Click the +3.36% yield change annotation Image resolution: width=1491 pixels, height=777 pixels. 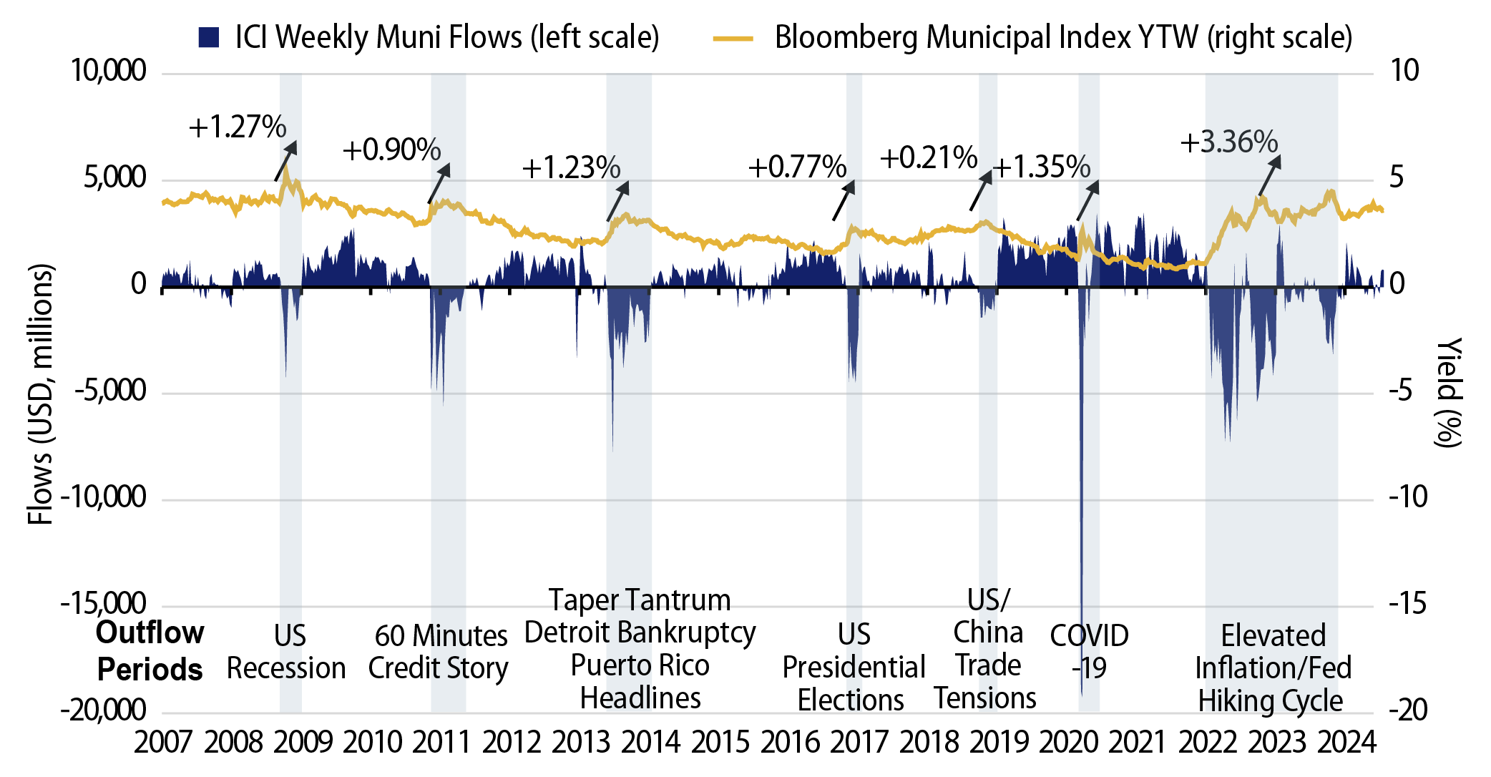[x=1228, y=142]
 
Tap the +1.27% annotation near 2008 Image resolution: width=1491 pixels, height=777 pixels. [x=237, y=127]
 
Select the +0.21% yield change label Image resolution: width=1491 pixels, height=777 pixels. [x=928, y=157]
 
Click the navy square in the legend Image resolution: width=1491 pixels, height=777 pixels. [x=208, y=37]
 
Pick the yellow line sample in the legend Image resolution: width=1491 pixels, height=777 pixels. [x=733, y=38]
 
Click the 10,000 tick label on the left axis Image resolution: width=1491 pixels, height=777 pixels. [x=108, y=70]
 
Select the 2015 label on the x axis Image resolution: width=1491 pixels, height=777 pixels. [x=720, y=742]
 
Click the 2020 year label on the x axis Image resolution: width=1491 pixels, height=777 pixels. [x=1068, y=742]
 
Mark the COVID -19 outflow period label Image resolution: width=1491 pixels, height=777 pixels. [x=1089, y=651]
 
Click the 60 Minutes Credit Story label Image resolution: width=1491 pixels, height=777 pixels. [x=439, y=651]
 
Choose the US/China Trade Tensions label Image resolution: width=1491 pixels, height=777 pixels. [x=986, y=648]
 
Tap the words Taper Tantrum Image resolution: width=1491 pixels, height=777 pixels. [x=640, y=600]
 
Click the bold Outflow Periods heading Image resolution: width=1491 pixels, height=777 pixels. [x=150, y=651]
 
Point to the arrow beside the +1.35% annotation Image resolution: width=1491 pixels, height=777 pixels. [x=1087, y=200]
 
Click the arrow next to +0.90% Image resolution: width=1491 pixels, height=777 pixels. [x=439, y=184]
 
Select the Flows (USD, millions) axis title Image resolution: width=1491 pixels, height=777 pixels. [x=40, y=394]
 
